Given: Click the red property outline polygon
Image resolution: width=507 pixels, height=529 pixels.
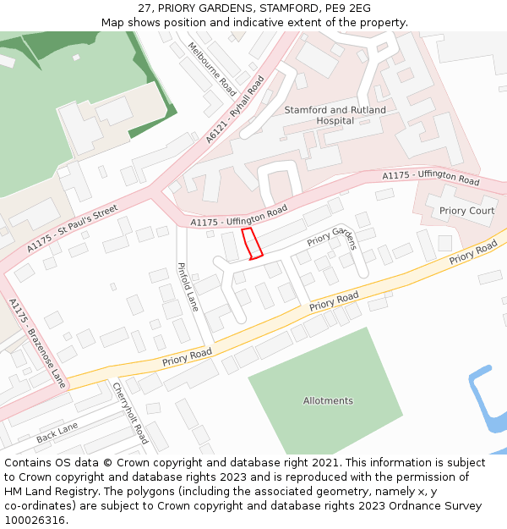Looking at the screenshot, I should coord(251,243).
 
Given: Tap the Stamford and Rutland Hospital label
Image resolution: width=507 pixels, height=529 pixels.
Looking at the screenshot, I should coord(335,115).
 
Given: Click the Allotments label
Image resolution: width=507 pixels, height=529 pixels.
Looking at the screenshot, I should coord(328,400).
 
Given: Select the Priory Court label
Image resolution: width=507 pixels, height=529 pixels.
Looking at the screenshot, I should coord(467,211).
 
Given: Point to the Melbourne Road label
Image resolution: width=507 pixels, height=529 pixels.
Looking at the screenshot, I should coord(212,68).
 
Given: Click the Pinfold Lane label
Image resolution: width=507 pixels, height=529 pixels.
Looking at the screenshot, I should coord(188,287).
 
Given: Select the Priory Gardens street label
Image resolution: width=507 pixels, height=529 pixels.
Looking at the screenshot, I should coord(332,236).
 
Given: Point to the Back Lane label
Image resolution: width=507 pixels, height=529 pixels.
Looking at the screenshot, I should coord(57,433).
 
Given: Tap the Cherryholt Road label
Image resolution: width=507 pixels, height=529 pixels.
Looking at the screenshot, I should coord(130,413).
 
